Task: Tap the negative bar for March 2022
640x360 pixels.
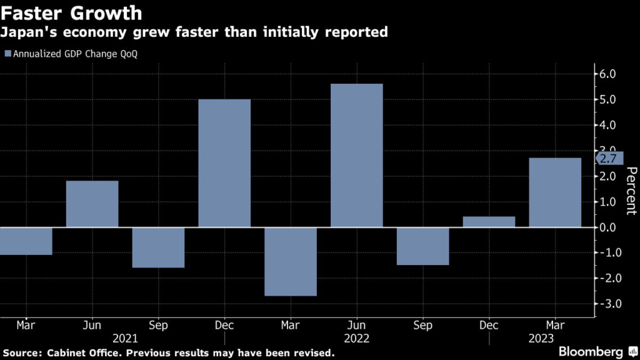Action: (x=291, y=261)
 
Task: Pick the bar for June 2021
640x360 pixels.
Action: (x=92, y=204)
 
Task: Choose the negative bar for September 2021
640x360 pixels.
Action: (x=158, y=247)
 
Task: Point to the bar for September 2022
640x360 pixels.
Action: (x=422, y=246)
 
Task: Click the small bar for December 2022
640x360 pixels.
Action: (x=489, y=222)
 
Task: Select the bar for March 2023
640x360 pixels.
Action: (x=555, y=192)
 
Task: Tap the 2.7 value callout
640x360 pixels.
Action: (x=610, y=158)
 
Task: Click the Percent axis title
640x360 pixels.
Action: (x=631, y=191)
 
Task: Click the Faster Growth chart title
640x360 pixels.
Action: (x=73, y=12)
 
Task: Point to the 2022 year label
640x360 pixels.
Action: (x=356, y=339)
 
